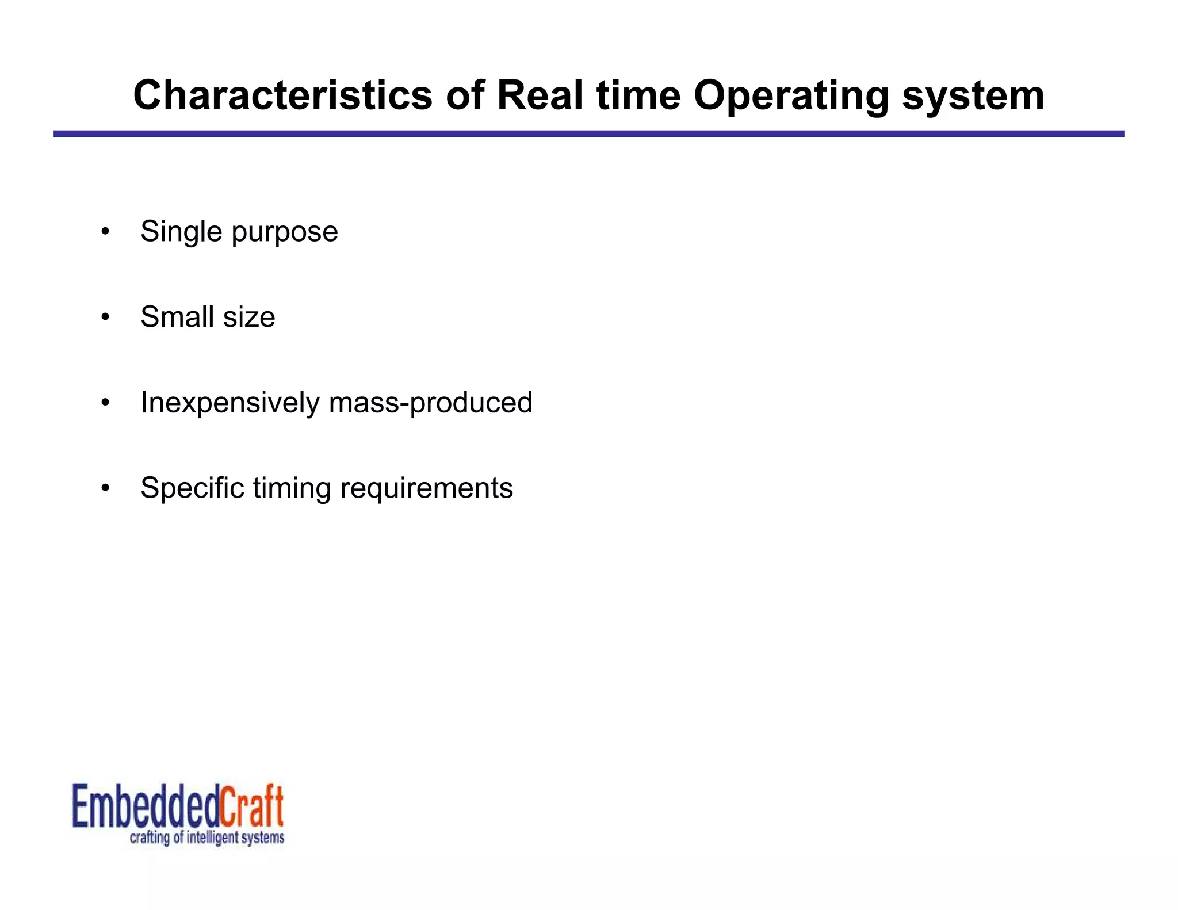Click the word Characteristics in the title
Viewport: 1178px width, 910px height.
point(282,95)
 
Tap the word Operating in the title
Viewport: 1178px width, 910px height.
point(791,95)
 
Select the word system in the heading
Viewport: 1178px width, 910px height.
point(973,95)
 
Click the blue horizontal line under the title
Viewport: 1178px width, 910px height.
point(588,134)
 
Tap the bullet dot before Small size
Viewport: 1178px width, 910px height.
point(105,318)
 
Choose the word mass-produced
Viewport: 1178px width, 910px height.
point(430,403)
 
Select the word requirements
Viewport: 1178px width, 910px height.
point(426,488)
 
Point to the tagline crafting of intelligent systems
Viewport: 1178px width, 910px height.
point(207,838)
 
